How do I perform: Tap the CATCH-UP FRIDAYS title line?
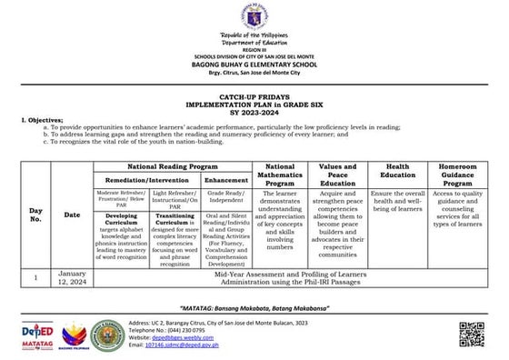point(254,92)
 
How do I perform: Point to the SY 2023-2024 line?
point(254,106)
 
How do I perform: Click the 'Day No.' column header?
point(35,215)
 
